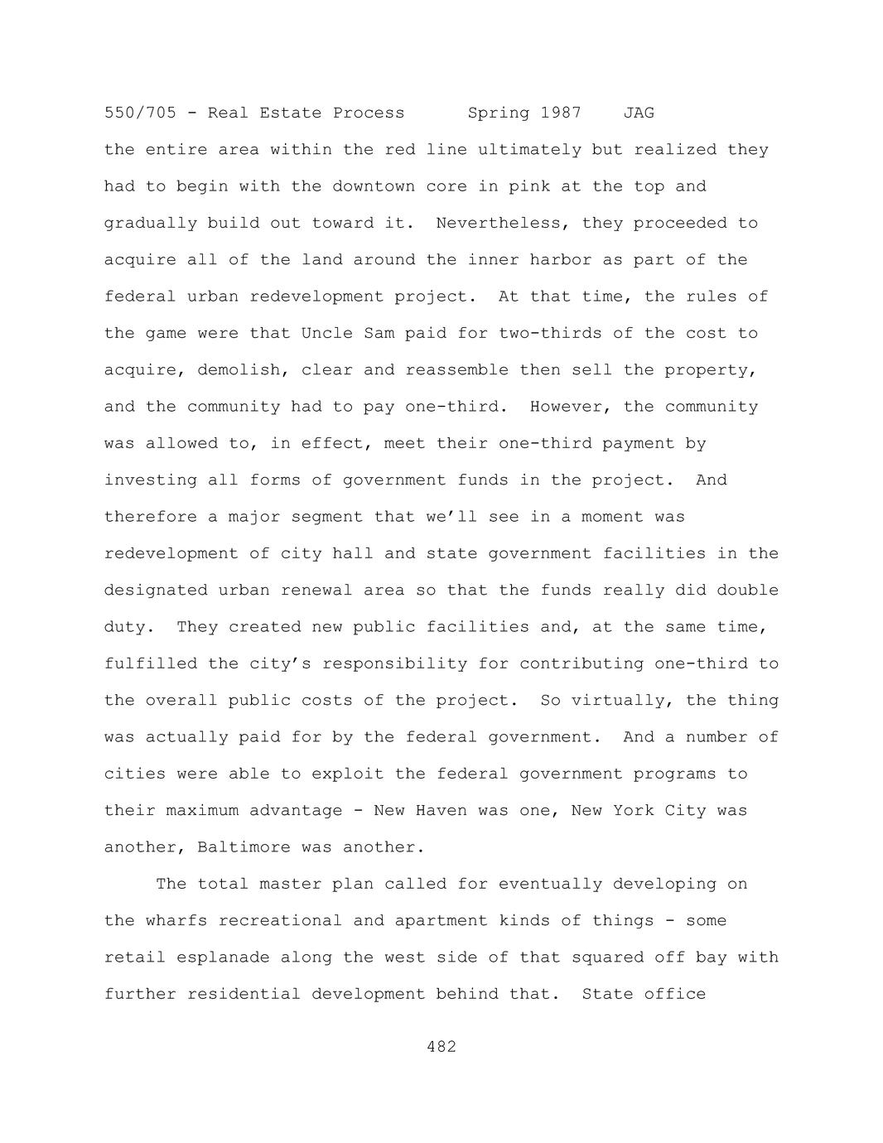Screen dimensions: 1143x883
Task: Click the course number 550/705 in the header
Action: [140, 113]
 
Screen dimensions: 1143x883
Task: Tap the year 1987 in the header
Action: [561, 113]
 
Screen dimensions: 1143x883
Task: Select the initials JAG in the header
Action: [639, 113]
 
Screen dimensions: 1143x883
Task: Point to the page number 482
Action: [441, 1047]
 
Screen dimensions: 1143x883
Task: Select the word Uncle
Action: [326, 333]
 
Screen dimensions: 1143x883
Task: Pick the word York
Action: [634, 810]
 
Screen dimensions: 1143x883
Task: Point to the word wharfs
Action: [176, 920]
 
